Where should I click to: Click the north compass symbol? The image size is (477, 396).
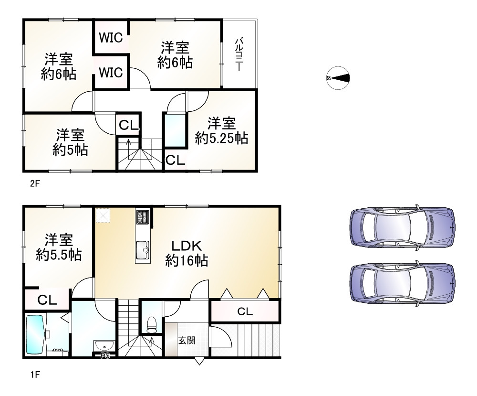click(338, 78)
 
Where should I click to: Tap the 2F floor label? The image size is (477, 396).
click(35, 184)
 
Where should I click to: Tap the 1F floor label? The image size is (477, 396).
click(35, 374)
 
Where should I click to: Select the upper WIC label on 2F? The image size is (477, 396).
click(111, 38)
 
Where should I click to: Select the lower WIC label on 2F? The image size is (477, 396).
click(111, 73)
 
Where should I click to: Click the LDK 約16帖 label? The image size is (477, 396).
click(187, 253)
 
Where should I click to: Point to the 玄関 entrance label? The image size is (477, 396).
click(187, 340)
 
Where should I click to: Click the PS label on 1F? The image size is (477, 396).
click(105, 355)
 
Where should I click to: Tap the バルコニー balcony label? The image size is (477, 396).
click(239, 54)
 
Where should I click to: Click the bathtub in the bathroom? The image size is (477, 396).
click(35, 334)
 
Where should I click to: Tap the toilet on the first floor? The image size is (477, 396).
click(151, 325)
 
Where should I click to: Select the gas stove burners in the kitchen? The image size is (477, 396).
click(142, 217)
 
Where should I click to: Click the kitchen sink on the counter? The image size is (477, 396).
click(142, 250)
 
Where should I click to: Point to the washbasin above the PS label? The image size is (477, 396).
click(104, 346)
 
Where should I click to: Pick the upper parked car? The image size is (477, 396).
click(403, 227)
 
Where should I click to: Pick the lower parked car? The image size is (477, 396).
click(403, 283)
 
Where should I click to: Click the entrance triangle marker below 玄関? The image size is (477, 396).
click(199, 362)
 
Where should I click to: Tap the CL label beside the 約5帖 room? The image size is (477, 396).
click(128, 125)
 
